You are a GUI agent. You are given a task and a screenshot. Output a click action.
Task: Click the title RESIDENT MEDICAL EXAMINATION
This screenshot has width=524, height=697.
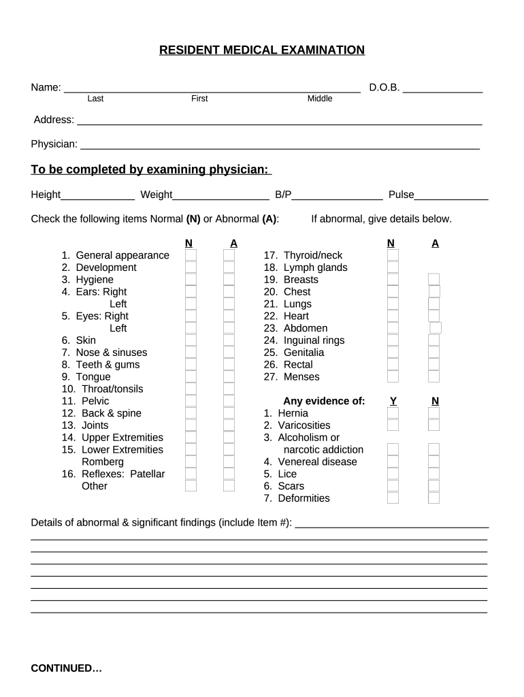point(262,50)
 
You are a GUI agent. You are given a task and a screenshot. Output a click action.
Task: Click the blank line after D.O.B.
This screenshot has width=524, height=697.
point(443,88)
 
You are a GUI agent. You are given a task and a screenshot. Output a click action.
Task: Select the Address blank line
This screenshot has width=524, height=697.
point(279,120)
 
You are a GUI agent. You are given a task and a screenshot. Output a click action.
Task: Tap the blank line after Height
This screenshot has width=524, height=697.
point(98,195)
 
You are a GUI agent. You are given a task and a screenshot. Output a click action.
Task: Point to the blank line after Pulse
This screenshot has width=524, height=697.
point(451,195)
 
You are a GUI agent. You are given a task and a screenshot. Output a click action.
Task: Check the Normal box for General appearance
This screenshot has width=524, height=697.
point(191,255)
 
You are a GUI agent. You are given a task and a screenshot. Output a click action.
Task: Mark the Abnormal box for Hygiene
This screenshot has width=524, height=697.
point(229,280)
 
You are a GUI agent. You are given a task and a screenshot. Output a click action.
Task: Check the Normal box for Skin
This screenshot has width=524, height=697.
point(191,340)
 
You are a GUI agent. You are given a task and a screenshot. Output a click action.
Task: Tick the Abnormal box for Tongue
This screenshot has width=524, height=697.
point(229,377)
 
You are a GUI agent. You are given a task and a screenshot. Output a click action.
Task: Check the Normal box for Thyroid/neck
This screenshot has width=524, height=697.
point(393,255)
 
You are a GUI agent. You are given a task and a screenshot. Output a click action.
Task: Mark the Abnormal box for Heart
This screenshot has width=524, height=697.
point(433,316)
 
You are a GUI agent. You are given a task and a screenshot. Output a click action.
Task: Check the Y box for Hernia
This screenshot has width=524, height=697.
point(393,413)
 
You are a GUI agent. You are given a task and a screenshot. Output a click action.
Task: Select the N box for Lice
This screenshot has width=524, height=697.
point(433,474)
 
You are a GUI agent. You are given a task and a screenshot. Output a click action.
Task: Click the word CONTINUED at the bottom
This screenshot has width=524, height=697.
point(66,668)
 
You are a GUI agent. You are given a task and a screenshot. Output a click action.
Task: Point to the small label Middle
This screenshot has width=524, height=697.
point(320,99)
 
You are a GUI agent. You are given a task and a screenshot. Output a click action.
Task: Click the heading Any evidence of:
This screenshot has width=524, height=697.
point(324,401)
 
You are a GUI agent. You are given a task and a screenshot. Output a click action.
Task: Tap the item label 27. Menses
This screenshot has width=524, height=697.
point(291,377)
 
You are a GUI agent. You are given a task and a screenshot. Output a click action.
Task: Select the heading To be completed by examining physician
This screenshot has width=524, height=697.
point(151,169)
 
